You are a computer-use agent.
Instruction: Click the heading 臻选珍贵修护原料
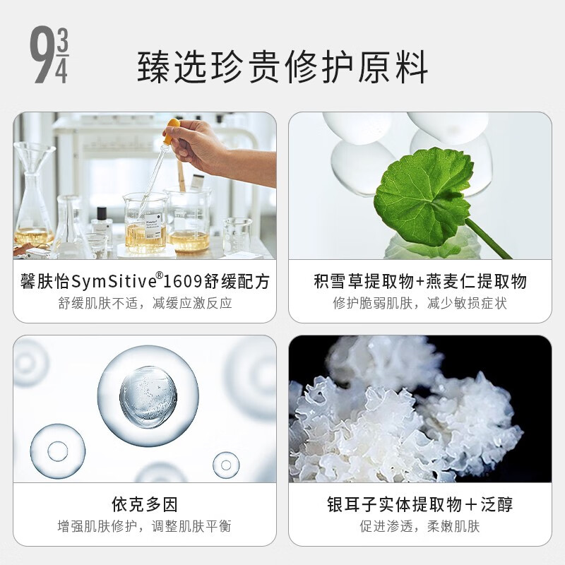pyautogui.click(x=282, y=68)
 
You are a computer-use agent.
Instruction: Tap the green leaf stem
pyautogui.click(x=487, y=239)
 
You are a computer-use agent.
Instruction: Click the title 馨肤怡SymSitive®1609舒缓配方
pyautogui.click(x=145, y=282)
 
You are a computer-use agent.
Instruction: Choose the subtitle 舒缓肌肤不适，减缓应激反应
pyautogui.click(x=145, y=304)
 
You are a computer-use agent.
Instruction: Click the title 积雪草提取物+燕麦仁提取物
pyautogui.click(x=420, y=282)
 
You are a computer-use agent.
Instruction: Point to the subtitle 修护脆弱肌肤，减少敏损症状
pyautogui.click(x=420, y=304)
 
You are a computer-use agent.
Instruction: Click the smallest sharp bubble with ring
pyautogui.click(x=225, y=465)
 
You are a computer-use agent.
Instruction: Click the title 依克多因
pyautogui.click(x=145, y=504)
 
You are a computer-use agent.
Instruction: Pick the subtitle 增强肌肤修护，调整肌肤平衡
pyautogui.click(x=145, y=527)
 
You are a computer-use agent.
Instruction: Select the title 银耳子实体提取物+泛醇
pyautogui.click(x=420, y=504)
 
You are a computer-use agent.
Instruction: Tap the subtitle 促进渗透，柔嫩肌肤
pyautogui.click(x=420, y=527)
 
